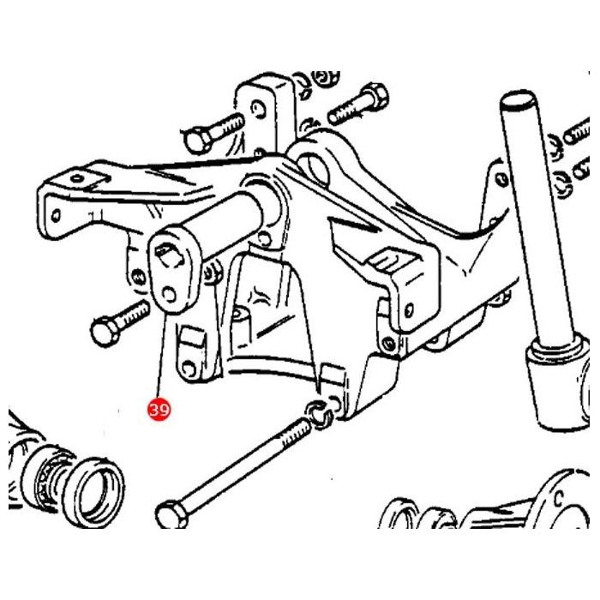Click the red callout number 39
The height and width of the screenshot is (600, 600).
coord(159,410)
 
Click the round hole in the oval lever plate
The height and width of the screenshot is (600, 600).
coord(169,296)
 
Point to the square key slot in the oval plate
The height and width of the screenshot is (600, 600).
coord(168,254)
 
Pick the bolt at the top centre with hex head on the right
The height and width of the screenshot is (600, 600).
coord(358,104)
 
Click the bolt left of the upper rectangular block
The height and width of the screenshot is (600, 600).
coord(213,133)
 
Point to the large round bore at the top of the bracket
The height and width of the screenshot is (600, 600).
coord(315,168)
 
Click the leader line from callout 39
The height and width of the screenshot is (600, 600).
coord(162,355)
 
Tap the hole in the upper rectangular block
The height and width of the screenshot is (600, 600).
coord(259,108)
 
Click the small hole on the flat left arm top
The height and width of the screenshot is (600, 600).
coord(78,178)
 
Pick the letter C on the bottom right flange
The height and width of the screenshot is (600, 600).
coord(559,499)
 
